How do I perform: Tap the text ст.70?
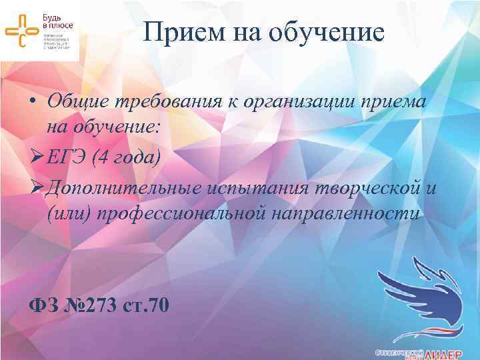coord(148,305)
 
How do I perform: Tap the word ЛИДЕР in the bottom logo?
coord(449,351)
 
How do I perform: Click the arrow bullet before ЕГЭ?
coord(37,158)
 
